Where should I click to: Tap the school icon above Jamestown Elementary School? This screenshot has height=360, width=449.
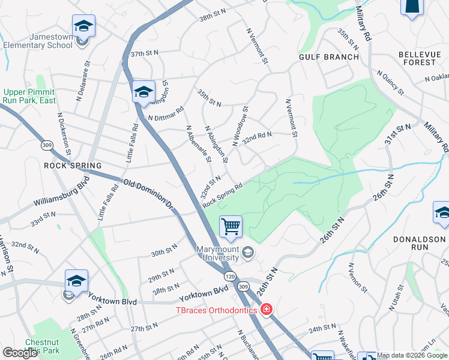(83, 26)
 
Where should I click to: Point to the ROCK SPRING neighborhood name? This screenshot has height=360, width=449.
(73, 165)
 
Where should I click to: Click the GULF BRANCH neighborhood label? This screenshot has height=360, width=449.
(329, 58)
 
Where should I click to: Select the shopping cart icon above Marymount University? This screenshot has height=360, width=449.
(231, 227)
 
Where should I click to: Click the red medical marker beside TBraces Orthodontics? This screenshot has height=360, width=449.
(267, 310)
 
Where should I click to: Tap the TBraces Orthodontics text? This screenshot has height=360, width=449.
(216, 310)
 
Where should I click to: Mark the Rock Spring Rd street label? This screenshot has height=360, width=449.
(222, 195)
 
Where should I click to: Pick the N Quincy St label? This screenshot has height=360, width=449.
(390, 82)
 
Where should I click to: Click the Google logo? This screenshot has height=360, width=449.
(20, 353)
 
